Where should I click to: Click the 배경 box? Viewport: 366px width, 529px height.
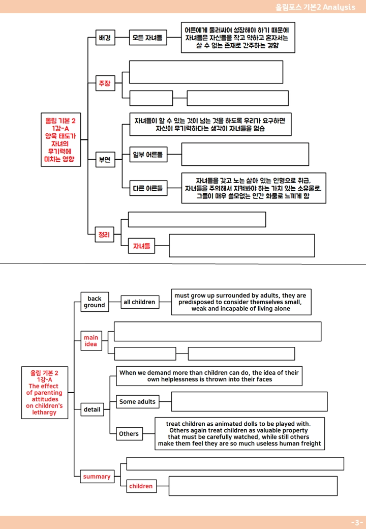tap(105, 38)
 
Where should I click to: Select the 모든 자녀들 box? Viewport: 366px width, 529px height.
tap(148, 38)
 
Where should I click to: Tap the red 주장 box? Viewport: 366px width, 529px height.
tap(105, 83)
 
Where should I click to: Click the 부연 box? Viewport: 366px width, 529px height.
tap(105, 159)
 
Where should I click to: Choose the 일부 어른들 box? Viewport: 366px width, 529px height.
tap(148, 155)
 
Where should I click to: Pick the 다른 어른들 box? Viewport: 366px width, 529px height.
tap(148, 188)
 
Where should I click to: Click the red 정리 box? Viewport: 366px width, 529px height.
tap(105, 234)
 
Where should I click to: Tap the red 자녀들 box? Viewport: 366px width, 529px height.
tap(141, 246)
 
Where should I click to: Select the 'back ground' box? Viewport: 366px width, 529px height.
tap(95, 302)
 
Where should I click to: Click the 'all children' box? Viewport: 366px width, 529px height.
tap(139, 302)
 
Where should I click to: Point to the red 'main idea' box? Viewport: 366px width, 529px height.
tap(91, 341)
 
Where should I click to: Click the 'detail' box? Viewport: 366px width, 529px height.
tap(92, 409)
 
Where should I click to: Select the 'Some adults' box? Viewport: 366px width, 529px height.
tap(137, 401)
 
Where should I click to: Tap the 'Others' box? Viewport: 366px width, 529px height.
tap(129, 434)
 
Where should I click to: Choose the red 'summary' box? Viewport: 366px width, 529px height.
tap(97, 477)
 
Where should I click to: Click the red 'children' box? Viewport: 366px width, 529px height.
tap(141, 486)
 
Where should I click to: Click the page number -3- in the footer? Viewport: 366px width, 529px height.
tap(357, 522)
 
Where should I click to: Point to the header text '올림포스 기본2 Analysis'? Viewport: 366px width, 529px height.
tap(315, 7)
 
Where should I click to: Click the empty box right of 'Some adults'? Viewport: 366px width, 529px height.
tap(250, 401)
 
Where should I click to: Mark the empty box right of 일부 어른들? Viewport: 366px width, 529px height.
tap(245, 154)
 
